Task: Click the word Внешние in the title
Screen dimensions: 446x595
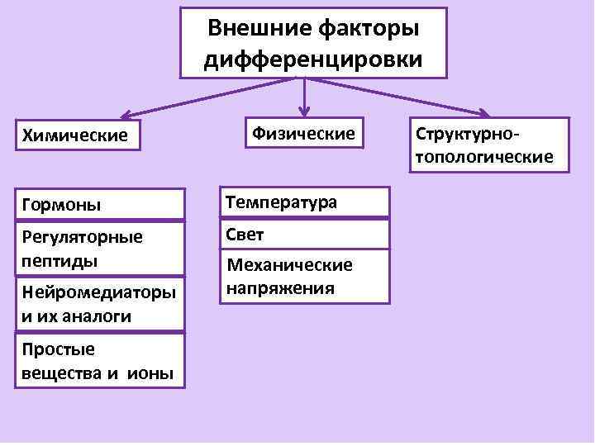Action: tap(256, 29)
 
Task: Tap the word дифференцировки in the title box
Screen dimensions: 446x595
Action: tap(313, 59)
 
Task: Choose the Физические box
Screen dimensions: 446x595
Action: tap(303, 132)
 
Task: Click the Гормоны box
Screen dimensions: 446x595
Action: tap(99, 203)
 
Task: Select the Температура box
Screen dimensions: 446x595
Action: tap(303, 202)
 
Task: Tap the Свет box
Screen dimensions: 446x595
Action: tap(303, 235)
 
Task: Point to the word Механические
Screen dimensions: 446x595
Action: tap(289, 265)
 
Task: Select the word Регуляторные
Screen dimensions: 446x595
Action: tap(82, 237)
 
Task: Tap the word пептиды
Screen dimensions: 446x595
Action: tap(59, 261)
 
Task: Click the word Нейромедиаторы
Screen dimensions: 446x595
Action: tap(98, 292)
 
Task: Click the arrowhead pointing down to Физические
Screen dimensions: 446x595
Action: tap(304, 109)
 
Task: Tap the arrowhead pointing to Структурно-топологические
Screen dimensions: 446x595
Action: tap(483, 114)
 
